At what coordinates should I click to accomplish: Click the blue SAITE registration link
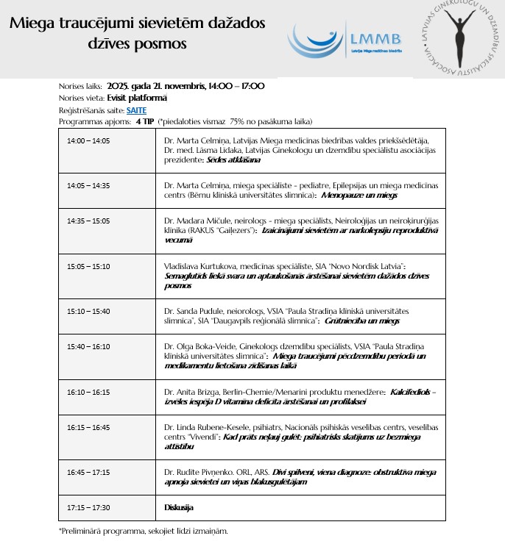[136, 110]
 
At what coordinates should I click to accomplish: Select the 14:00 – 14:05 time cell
[88, 140]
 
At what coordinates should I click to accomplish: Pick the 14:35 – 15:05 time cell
[88, 220]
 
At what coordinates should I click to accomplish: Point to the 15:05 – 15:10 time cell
[88, 265]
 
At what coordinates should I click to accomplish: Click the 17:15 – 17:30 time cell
[88, 507]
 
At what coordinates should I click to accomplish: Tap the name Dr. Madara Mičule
[194, 220]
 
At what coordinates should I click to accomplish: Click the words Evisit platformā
[137, 98]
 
